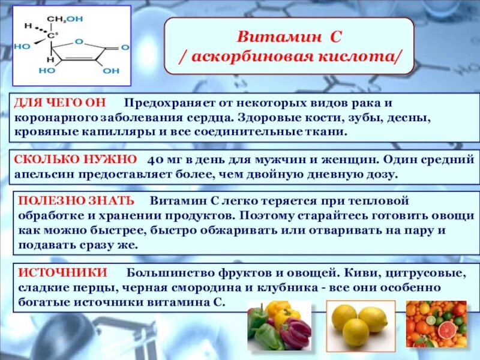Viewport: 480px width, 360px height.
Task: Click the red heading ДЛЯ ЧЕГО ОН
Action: (53, 103)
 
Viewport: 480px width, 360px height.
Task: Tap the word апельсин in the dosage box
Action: (43, 175)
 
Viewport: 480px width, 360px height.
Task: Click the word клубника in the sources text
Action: (296, 288)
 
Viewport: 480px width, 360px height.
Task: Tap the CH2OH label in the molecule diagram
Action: (65, 19)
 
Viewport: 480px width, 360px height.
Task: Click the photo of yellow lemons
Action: (359, 325)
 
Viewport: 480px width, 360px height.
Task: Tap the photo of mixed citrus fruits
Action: (436, 325)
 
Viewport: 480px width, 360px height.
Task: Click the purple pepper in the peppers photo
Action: (298, 333)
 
